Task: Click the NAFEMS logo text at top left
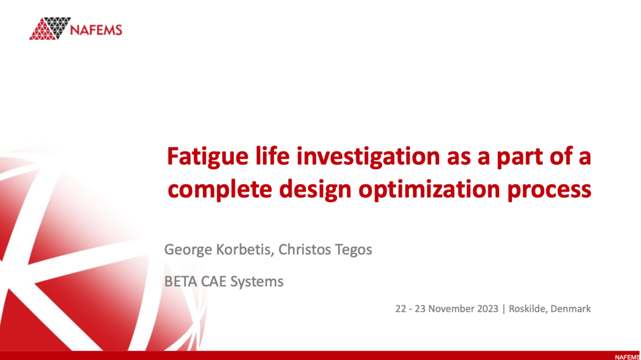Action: pyautogui.click(x=96, y=29)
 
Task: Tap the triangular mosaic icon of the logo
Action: pyautogui.click(x=50, y=28)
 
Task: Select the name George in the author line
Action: pyautogui.click(x=184, y=249)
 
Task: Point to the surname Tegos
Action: pyautogui.click(x=354, y=249)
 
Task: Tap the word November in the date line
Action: pyautogui.click(x=449, y=309)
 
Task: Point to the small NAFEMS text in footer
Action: pyautogui.click(x=627, y=357)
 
